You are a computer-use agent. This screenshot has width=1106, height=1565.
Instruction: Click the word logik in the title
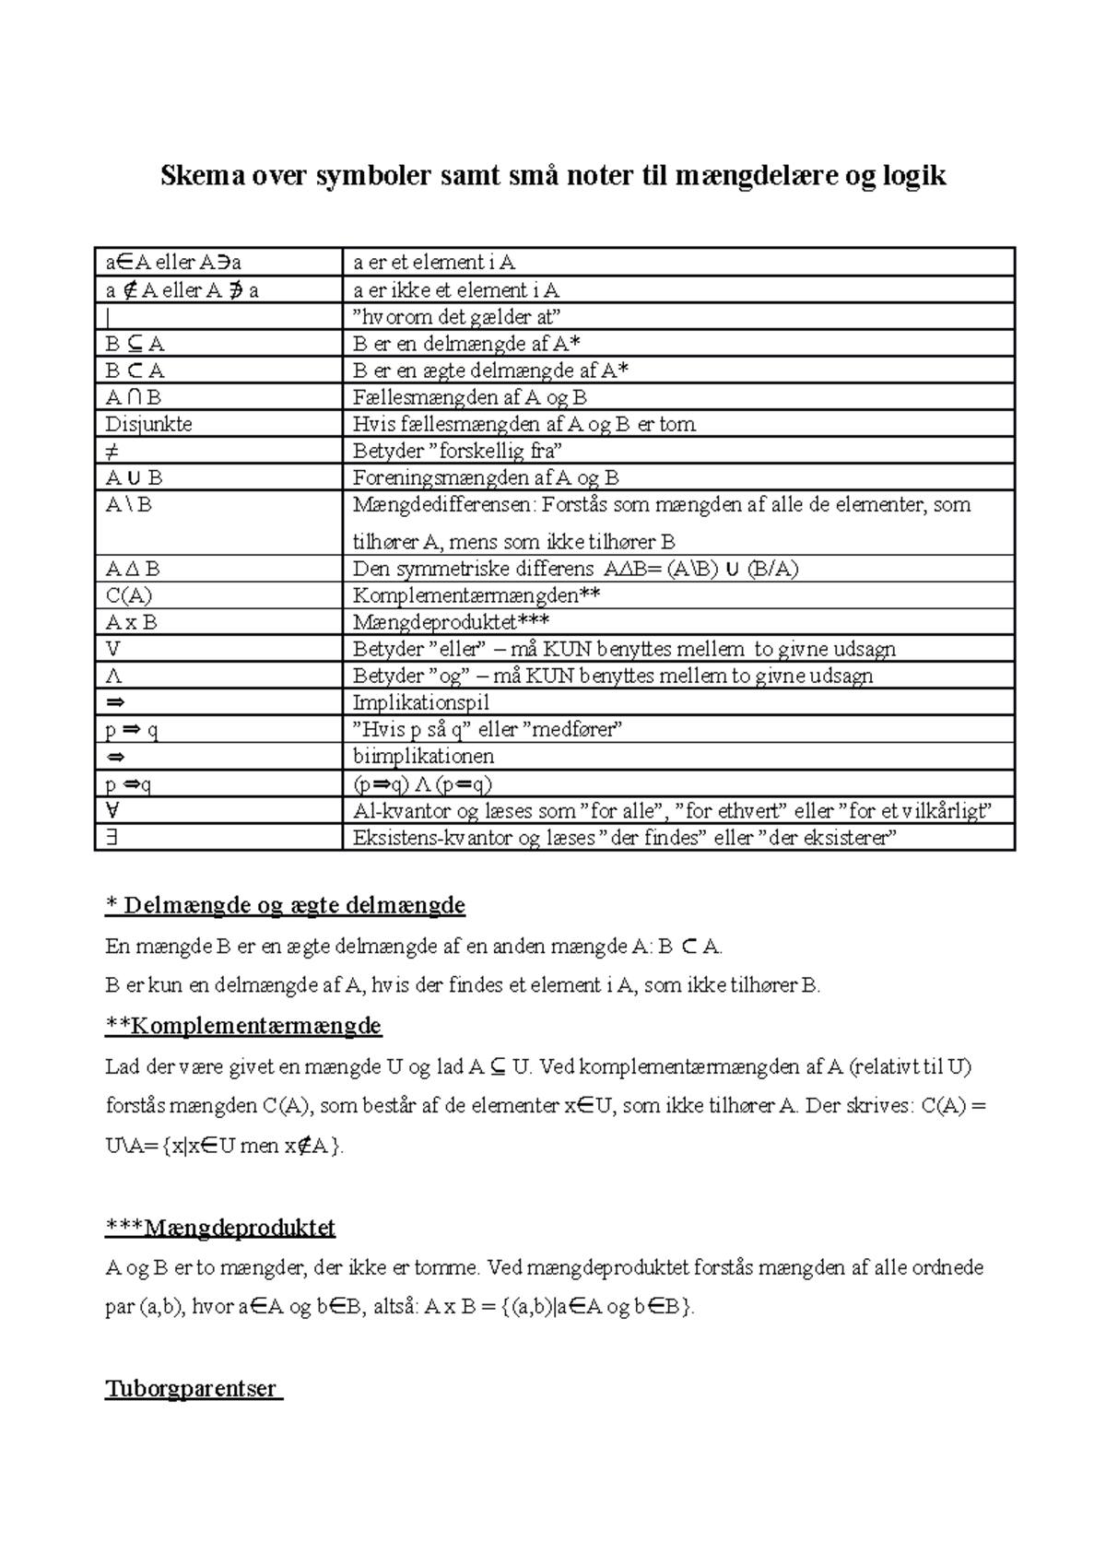(x=912, y=175)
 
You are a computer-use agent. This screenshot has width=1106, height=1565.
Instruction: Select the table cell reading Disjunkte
(x=149, y=424)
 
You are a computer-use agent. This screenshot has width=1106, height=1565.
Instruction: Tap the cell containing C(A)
(x=129, y=595)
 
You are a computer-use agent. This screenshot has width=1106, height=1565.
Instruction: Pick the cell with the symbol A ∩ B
(x=134, y=397)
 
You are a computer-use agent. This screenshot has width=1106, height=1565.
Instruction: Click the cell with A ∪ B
(x=135, y=477)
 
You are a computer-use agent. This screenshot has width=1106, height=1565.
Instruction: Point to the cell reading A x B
(x=132, y=622)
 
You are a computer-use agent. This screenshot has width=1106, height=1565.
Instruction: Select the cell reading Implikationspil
(x=421, y=702)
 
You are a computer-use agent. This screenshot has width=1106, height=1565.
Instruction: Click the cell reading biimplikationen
(x=424, y=756)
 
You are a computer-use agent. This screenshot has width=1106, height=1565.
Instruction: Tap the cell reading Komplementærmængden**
(x=477, y=595)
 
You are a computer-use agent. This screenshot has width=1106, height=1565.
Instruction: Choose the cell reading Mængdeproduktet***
(x=452, y=622)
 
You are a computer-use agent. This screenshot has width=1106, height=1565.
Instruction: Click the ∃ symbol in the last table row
(x=112, y=838)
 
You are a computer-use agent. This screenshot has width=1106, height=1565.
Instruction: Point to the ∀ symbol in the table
(x=112, y=810)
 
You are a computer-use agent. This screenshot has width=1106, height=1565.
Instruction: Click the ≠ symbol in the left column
(x=112, y=451)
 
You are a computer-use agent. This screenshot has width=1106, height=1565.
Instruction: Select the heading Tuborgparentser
(x=192, y=1388)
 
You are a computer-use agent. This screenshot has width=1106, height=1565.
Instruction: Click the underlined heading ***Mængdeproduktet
(x=220, y=1228)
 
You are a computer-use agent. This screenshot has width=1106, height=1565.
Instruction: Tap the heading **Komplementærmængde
(x=243, y=1025)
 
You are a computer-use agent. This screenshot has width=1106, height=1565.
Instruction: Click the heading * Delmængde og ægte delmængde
(x=286, y=905)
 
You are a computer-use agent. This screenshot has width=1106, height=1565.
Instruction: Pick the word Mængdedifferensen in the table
(x=443, y=505)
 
